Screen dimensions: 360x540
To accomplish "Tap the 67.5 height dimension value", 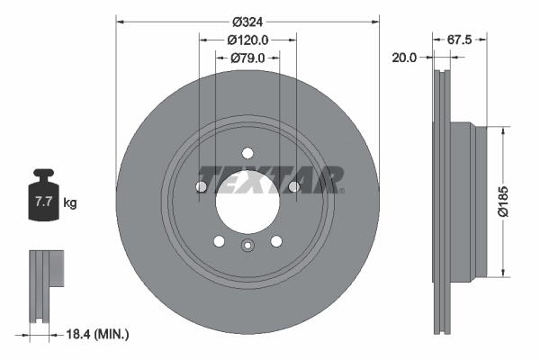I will pyautogui.click(x=460, y=40).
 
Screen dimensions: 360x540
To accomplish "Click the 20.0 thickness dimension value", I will pyautogui.click(x=405, y=58).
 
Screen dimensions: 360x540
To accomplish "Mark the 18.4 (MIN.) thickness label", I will pyautogui.click(x=100, y=335).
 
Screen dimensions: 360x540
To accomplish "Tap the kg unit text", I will pyautogui.click(x=70, y=203).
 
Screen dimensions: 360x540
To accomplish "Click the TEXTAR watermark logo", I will pyautogui.click(x=270, y=179).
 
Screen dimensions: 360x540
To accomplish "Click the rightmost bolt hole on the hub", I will pyautogui.click(x=293, y=186).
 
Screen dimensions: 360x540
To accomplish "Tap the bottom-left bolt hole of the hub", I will pyautogui.click(x=219, y=240).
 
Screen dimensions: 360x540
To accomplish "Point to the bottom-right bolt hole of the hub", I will pyautogui.click(x=275, y=240).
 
